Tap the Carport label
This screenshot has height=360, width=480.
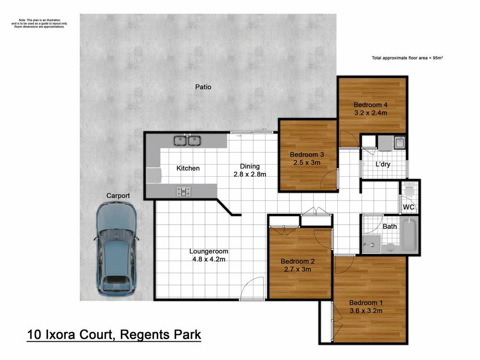click(118, 196)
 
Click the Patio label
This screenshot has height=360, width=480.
click(203, 87)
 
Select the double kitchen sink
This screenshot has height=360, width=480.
click(187, 141)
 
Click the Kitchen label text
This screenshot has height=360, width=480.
click(188, 168)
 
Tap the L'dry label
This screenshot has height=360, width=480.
click(383, 164)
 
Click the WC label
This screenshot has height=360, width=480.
click(408, 207)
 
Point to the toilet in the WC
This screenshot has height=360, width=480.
click(409, 191)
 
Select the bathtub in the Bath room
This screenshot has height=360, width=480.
click(408, 235)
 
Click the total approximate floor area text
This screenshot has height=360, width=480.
click(407, 58)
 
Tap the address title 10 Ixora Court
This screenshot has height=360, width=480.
click(114, 334)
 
